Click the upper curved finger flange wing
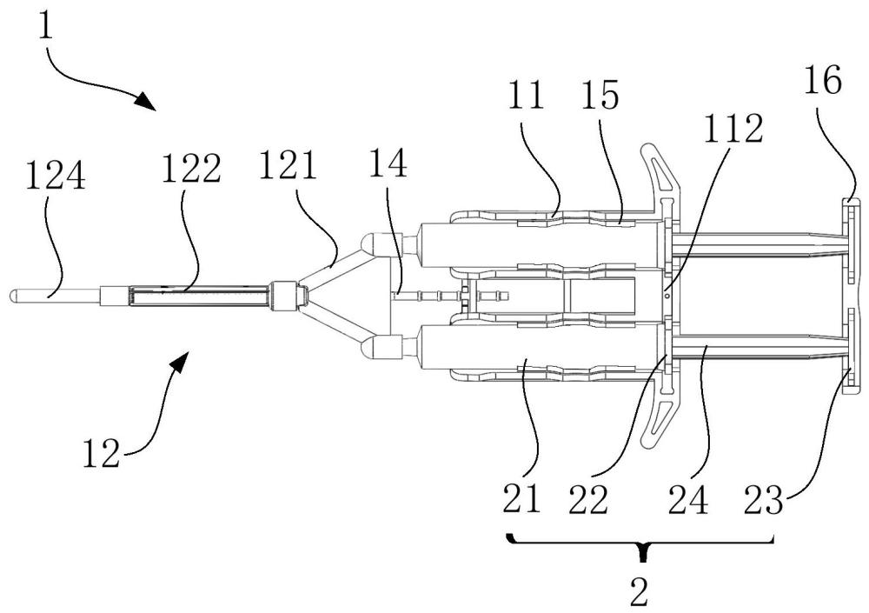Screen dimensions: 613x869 tap(661, 170)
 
